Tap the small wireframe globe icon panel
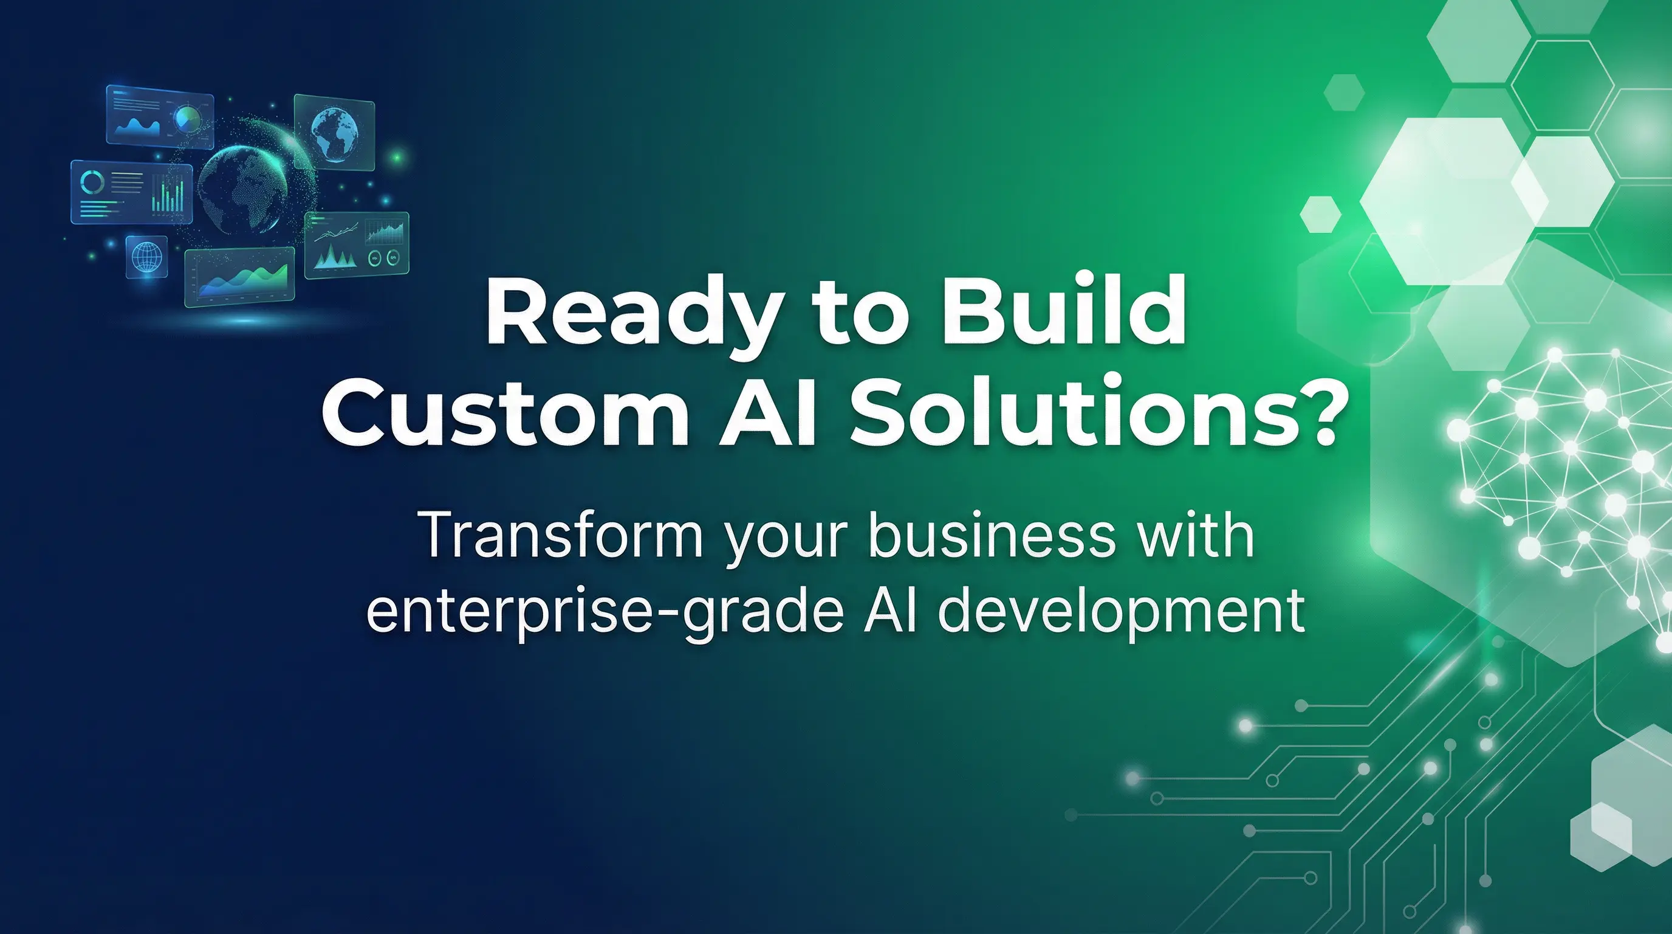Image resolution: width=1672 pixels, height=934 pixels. click(146, 256)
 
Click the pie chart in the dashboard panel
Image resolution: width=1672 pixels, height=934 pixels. click(188, 120)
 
